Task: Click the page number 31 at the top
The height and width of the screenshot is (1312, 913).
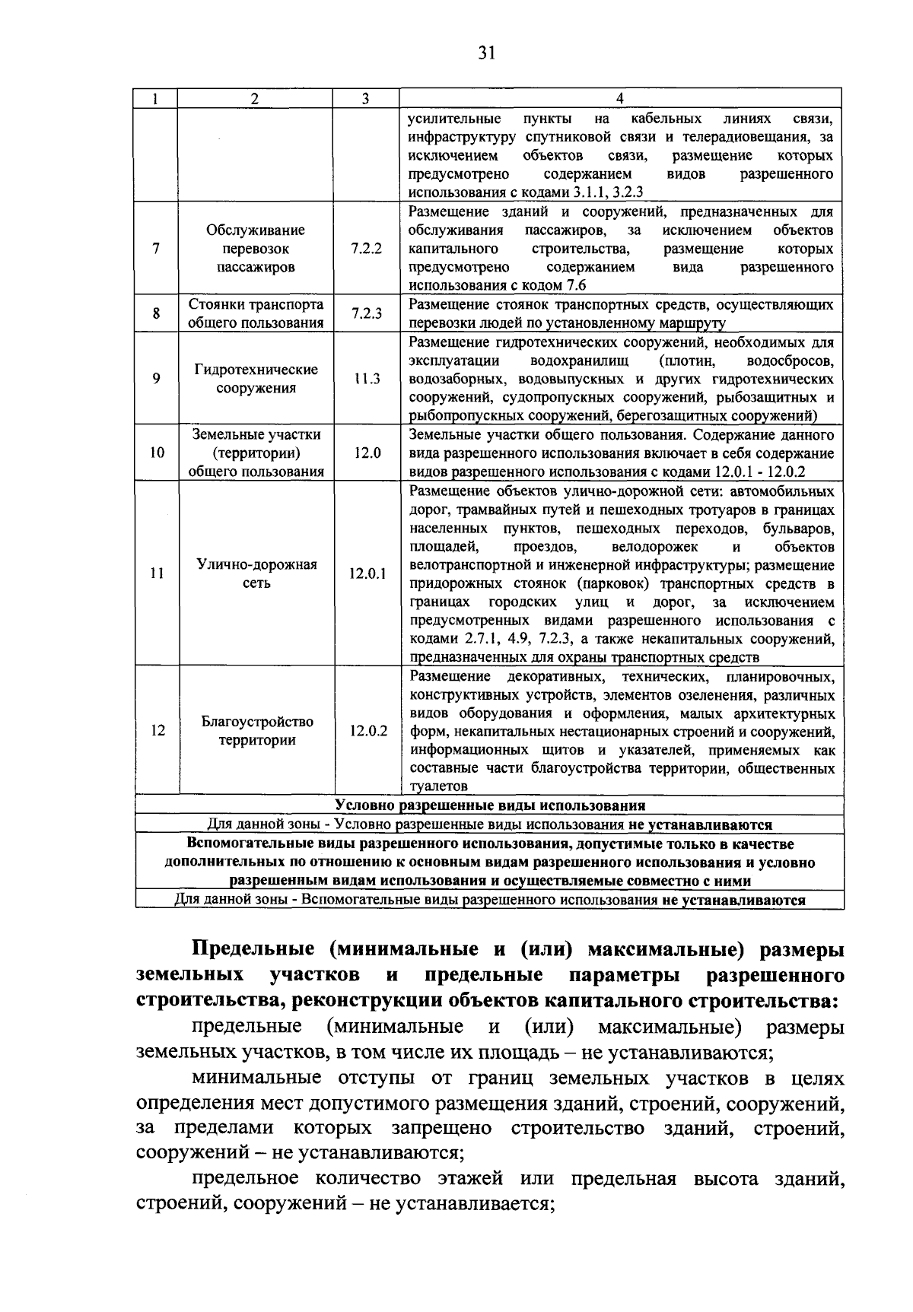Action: click(487, 52)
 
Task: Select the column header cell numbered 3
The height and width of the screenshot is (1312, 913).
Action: click(366, 99)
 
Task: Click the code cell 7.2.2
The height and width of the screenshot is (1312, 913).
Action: click(367, 249)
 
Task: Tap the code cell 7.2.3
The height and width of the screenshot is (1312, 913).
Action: click(367, 313)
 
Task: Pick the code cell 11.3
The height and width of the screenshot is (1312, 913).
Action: click(367, 379)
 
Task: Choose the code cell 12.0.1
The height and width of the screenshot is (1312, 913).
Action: click(367, 574)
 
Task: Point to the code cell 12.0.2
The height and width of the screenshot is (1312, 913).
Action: click(368, 731)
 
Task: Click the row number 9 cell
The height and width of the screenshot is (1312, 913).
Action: click(156, 378)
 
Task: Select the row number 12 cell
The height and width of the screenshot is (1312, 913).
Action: click(157, 731)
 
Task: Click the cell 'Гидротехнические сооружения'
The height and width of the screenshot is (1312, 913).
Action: click(256, 379)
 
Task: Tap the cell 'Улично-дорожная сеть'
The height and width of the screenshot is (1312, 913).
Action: click(257, 574)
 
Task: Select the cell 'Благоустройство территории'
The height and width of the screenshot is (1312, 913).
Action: click(257, 731)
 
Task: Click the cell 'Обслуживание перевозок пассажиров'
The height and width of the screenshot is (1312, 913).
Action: click(256, 249)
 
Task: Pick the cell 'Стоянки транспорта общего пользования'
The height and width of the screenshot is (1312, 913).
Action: click(256, 313)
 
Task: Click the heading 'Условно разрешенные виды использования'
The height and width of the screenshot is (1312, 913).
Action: click(490, 805)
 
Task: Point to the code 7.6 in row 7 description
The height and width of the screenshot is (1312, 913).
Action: click(577, 286)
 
